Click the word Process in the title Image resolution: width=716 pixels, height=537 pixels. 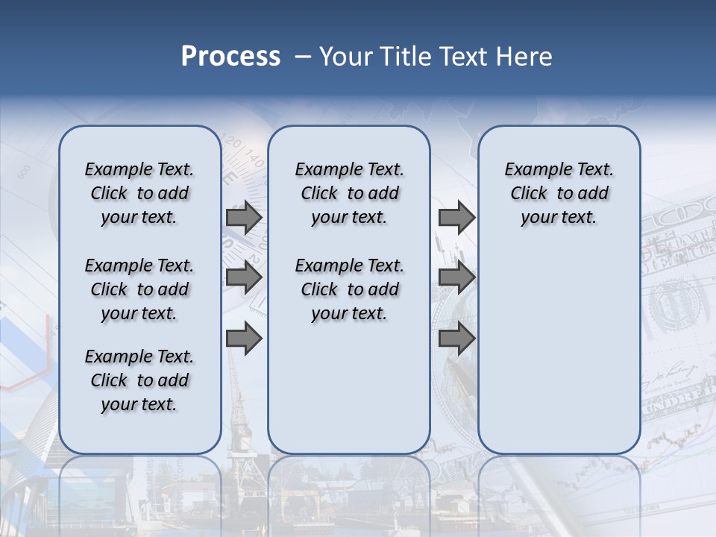(230, 57)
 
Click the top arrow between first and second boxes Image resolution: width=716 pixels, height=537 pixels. (244, 217)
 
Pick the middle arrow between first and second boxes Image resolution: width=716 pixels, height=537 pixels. (244, 278)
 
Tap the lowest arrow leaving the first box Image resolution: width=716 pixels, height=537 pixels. (244, 339)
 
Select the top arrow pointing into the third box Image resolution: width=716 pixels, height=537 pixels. (456, 217)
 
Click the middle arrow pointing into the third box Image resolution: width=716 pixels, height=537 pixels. (456, 278)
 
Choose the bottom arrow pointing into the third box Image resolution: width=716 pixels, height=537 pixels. (456, 339)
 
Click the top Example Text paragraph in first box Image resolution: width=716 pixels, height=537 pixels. (139, 193)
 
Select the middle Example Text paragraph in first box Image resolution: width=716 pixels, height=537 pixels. (139, 289)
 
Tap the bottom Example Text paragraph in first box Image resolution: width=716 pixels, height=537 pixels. (139, 380)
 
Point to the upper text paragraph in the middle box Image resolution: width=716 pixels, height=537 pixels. (349, 193)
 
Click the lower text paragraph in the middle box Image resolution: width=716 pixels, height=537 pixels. (349, 289)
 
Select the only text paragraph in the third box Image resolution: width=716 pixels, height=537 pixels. (559, 193)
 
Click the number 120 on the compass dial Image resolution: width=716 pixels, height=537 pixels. (232, 143)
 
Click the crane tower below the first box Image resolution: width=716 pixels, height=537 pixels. (239, 418)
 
